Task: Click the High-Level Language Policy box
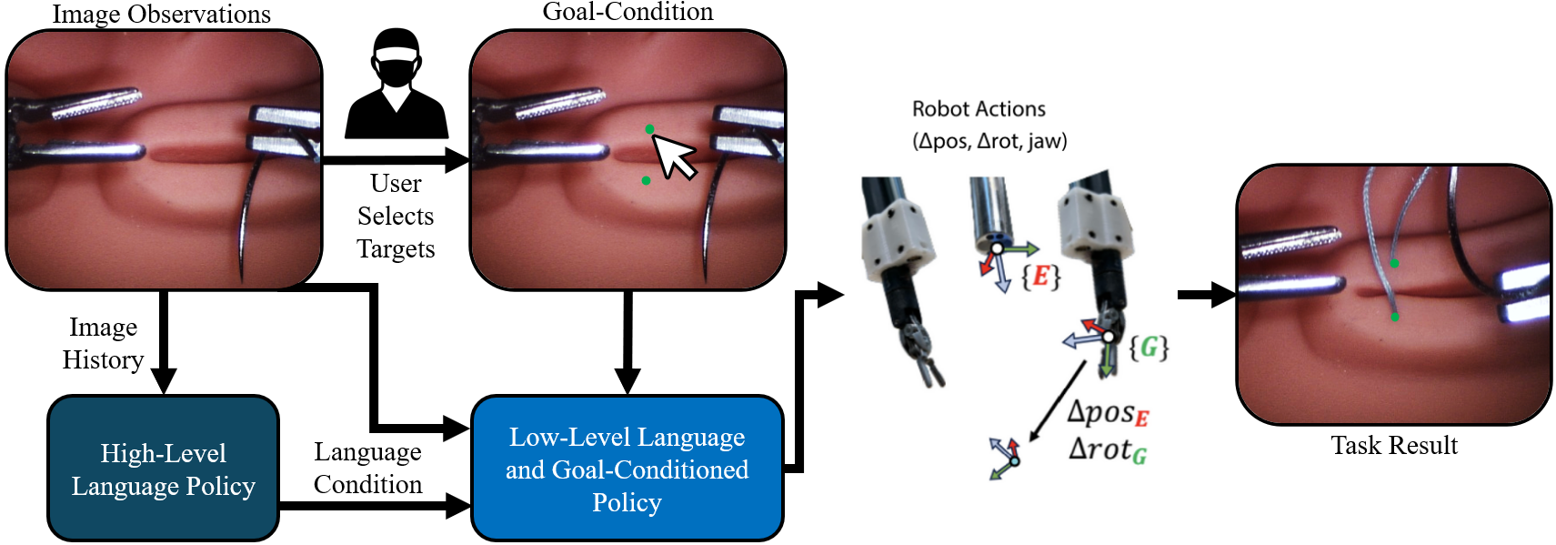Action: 163,469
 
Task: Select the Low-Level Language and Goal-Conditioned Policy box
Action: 627,469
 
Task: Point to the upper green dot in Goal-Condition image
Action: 649,129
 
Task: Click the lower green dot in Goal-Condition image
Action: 646,180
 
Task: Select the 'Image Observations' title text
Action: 161,15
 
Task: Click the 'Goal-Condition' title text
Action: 627,12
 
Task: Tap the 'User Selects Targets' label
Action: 396,216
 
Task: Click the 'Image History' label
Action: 103,343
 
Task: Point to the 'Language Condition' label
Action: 367,468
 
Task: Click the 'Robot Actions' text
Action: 979,109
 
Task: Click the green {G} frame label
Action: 1149,347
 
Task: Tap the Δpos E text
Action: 1108,413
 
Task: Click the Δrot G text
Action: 1107,449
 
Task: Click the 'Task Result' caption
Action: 1393,445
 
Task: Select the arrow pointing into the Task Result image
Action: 1206,294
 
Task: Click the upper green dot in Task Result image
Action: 1394,263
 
